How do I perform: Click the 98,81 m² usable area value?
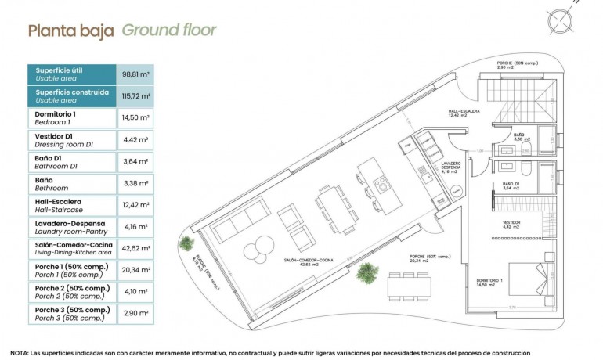pos(135,74)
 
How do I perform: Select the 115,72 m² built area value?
pos(135,96)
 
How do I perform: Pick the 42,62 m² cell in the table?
pos(135,250)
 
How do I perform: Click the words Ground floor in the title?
pos(168,31)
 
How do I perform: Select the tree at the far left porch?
pos(187,242)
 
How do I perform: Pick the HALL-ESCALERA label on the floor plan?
pos(464,113)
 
